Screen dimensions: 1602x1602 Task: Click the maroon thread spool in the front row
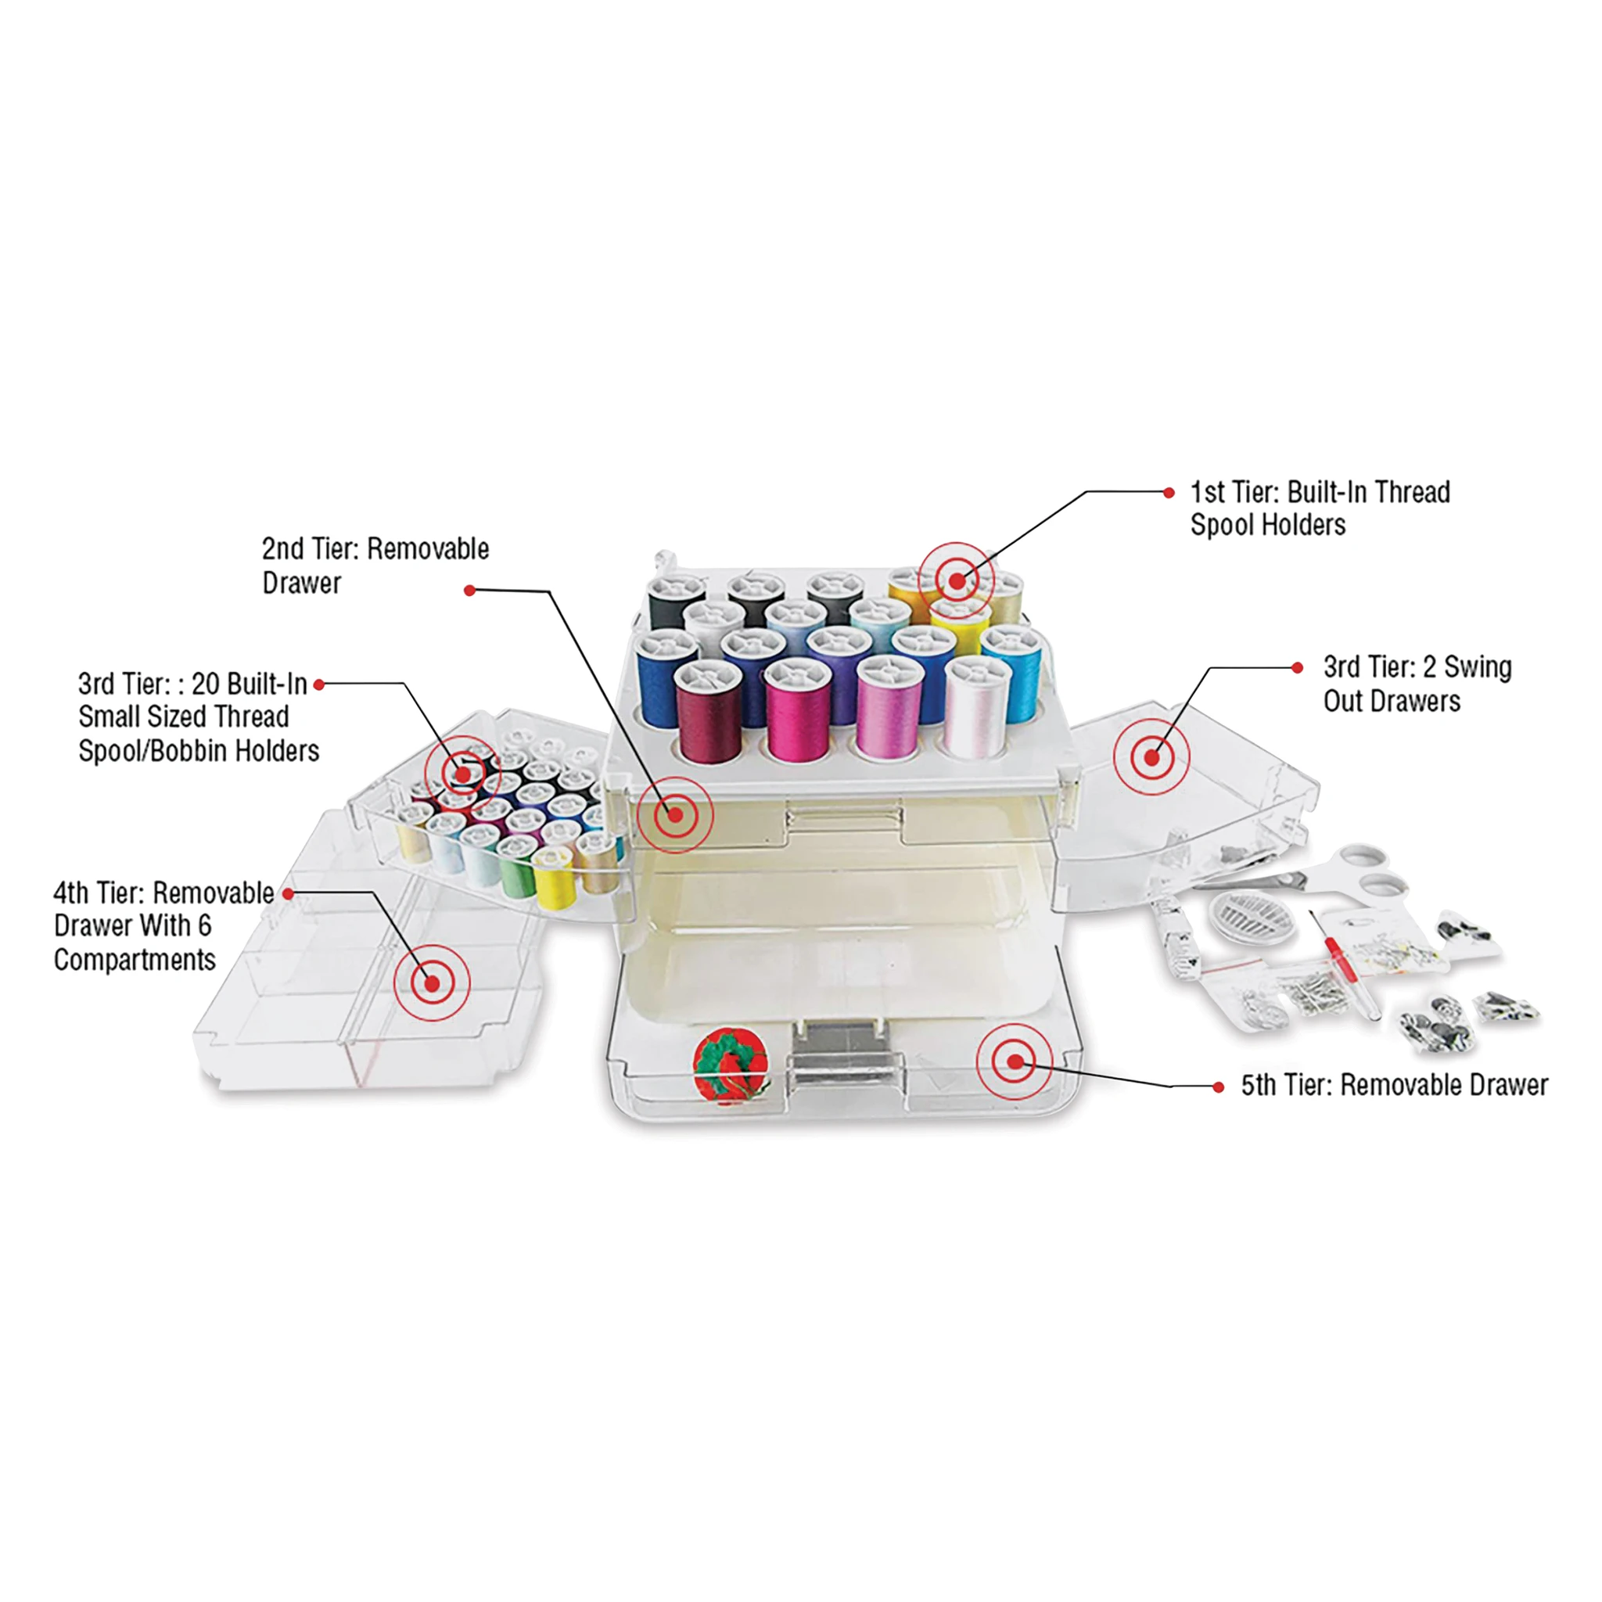pyautogui.click(x=707, y=713)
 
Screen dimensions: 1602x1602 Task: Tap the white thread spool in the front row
pyautogui.click(x=976, y=707)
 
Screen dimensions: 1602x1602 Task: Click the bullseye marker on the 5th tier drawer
pyautogui.click(x=1015, y=1062)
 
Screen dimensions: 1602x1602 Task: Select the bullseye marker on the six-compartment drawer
pyautogui.click(x=432, y=983)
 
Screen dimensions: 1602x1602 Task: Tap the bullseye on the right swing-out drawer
pyautogui.click(x=1151, y=757)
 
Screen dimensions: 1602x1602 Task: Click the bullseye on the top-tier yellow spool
pyautogui.click(x=956, y=581)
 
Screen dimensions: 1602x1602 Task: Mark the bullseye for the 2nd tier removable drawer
pyautogui.click(x=675, y=815)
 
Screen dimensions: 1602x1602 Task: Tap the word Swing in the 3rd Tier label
pyautogui.click(x=1478, y=667)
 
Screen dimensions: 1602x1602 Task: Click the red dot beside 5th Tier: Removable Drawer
pyautogui.click(x=1218, y=1087)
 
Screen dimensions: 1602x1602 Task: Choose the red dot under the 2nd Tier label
pyautogui.click(x=469, y=591)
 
